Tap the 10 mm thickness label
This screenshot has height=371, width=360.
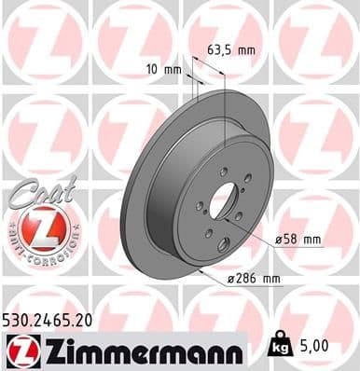[x=164, y=69]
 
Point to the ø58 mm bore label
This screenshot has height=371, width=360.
[x=298, y=240]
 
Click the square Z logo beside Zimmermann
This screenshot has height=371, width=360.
[x=21, y=350]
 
